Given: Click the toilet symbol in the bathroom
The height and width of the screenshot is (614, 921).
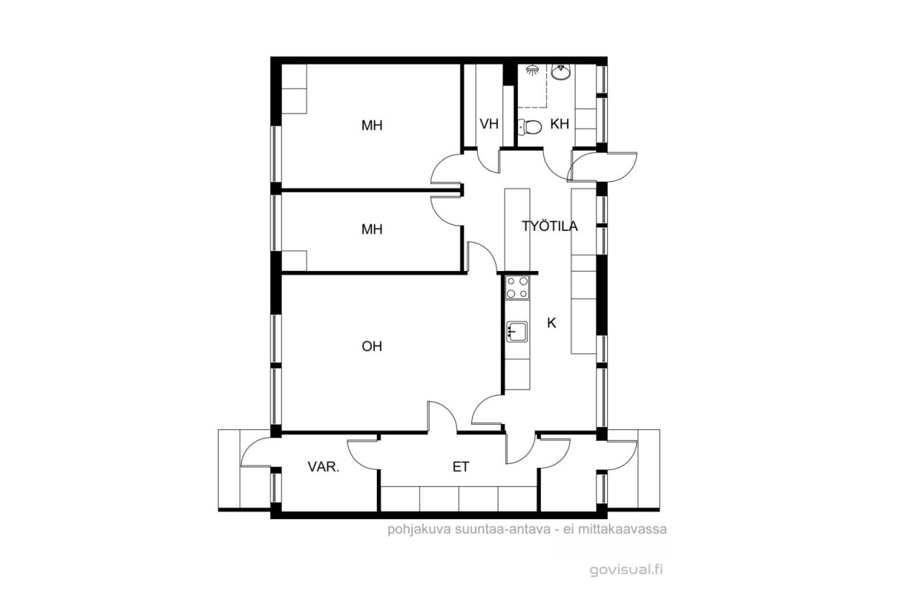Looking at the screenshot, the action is [x=530, y=127].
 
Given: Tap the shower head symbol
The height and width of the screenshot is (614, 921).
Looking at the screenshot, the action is [x=532, y=70].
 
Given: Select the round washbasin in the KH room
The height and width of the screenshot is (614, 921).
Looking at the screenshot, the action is [x=561, y=73].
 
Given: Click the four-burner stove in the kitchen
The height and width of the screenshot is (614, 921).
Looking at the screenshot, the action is [x=517, y=288].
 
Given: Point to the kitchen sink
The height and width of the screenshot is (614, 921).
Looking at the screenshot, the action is [x=517, y=331].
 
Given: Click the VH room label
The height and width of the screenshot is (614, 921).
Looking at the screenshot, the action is [x=489, y=124].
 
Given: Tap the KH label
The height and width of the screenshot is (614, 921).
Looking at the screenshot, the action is [x=560, y=124].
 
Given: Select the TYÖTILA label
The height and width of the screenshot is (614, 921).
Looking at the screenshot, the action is [x=550, y=226].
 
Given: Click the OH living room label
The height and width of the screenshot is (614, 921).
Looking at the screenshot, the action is [x=372, y=347].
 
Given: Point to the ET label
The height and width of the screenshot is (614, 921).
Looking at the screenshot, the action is [x=460, y=467].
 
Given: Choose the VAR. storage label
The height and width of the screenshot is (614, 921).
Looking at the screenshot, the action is [x=324, y=467].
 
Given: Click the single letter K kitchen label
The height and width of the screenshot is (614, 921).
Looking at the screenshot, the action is [x=551, y=324].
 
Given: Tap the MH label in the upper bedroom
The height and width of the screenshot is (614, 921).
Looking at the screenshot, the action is [x=372, y=125].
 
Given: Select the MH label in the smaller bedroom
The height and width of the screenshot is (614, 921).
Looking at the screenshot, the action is [x=372, y=229].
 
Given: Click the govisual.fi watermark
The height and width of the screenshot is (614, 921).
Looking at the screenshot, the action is [x=626, y=570].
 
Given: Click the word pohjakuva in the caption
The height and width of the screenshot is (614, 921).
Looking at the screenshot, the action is [x=419, y=530].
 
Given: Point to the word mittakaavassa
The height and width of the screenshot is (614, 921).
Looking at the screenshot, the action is [x=622, y=529].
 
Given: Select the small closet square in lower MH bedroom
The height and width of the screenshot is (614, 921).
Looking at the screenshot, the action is [x=294, y=260].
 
